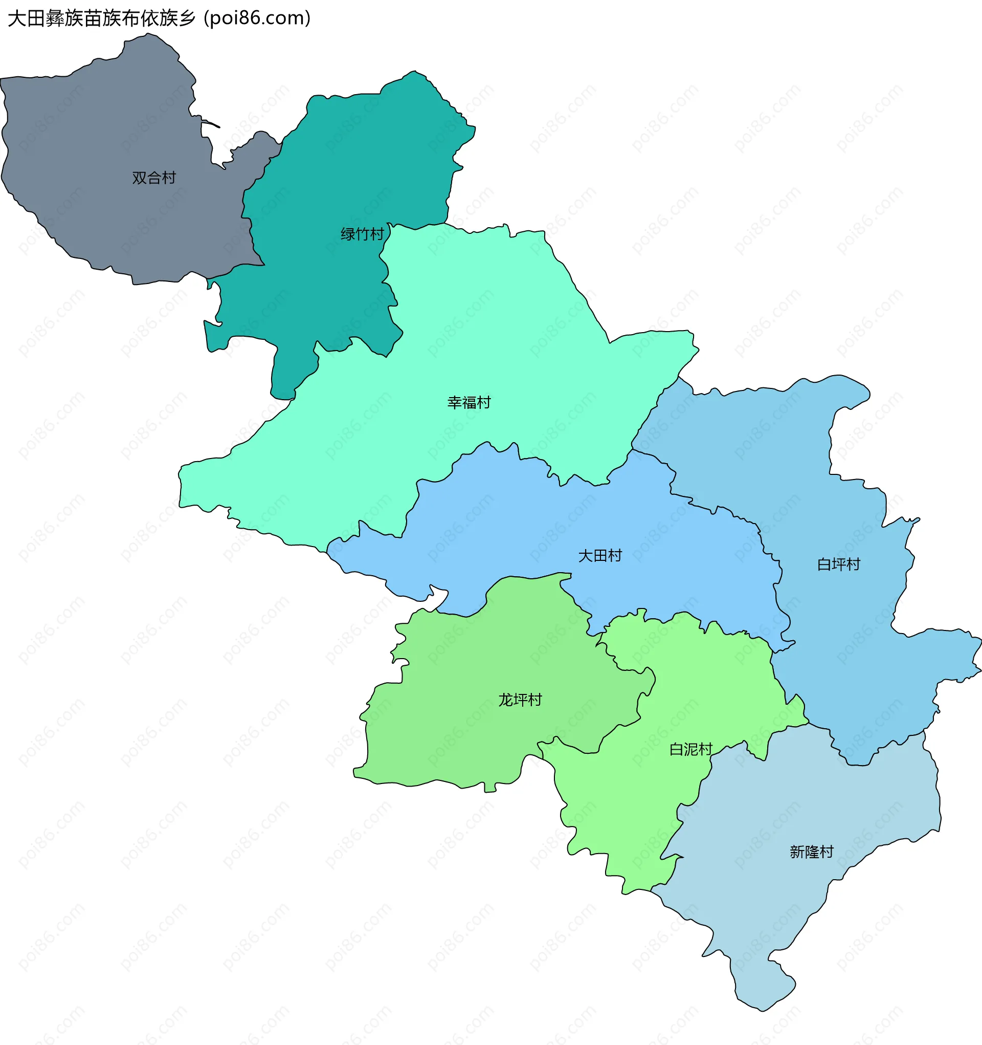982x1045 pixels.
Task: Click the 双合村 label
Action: pyautogui.click(x=153, y=178)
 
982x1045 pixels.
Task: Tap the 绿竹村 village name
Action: pyautogui.click(x=362, y=234)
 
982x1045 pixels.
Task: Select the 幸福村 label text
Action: pyautogui.click(x=468, y=403)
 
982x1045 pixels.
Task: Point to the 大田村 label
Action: pyautogui.click(x=599, y=556)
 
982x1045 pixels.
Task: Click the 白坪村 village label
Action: pyautogui.click(x=838, y=564)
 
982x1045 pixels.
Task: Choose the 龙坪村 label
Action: pyautogui.click(x=520, y=700)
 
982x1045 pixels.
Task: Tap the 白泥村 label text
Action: pyautogui.click(x=690, y=750)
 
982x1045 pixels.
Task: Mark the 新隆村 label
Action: pyautogui.click(x=811, y=852)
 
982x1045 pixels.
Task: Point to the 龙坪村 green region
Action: pyautogui.click(x=473, y=736)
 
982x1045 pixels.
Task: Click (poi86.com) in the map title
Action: pyautogui.click(x=257, y=18)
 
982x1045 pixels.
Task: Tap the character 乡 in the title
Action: pyautogui.click(x=187, y=18)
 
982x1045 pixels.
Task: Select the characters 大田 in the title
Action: pyautogui.click(x=26, y=18)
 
